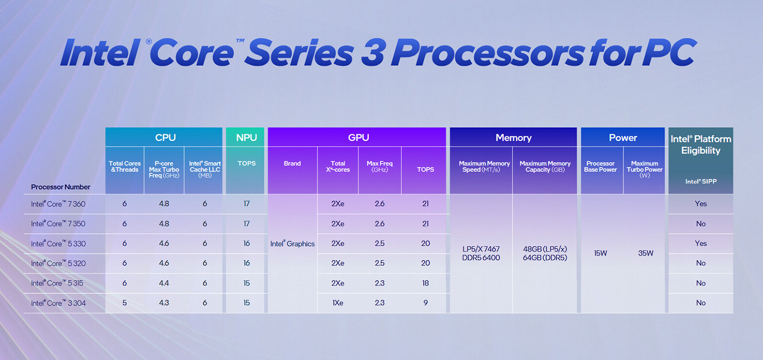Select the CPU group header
(x=165, y=137)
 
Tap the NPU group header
(x=246, y=137)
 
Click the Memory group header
(x=513, y=138)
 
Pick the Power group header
(x=623, y=138)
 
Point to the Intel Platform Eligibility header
(x=700, y=144)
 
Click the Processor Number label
(x=61, y=187)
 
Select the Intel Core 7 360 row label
(x=58, y=204)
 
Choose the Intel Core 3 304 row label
(x=58, y=303)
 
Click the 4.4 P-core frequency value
(x=164, y=283)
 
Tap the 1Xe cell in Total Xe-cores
(x=337, y=303)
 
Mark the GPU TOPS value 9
(x=425, y=303)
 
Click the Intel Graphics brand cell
(x=292, y=244)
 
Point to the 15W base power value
(x=601, y=253)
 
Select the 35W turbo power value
(x=645, y=253)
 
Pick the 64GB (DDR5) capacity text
(x=545, y=258)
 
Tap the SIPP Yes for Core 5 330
(x=701, y=244)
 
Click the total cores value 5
(x=125, y=303)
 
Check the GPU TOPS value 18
(x=425, y=283)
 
